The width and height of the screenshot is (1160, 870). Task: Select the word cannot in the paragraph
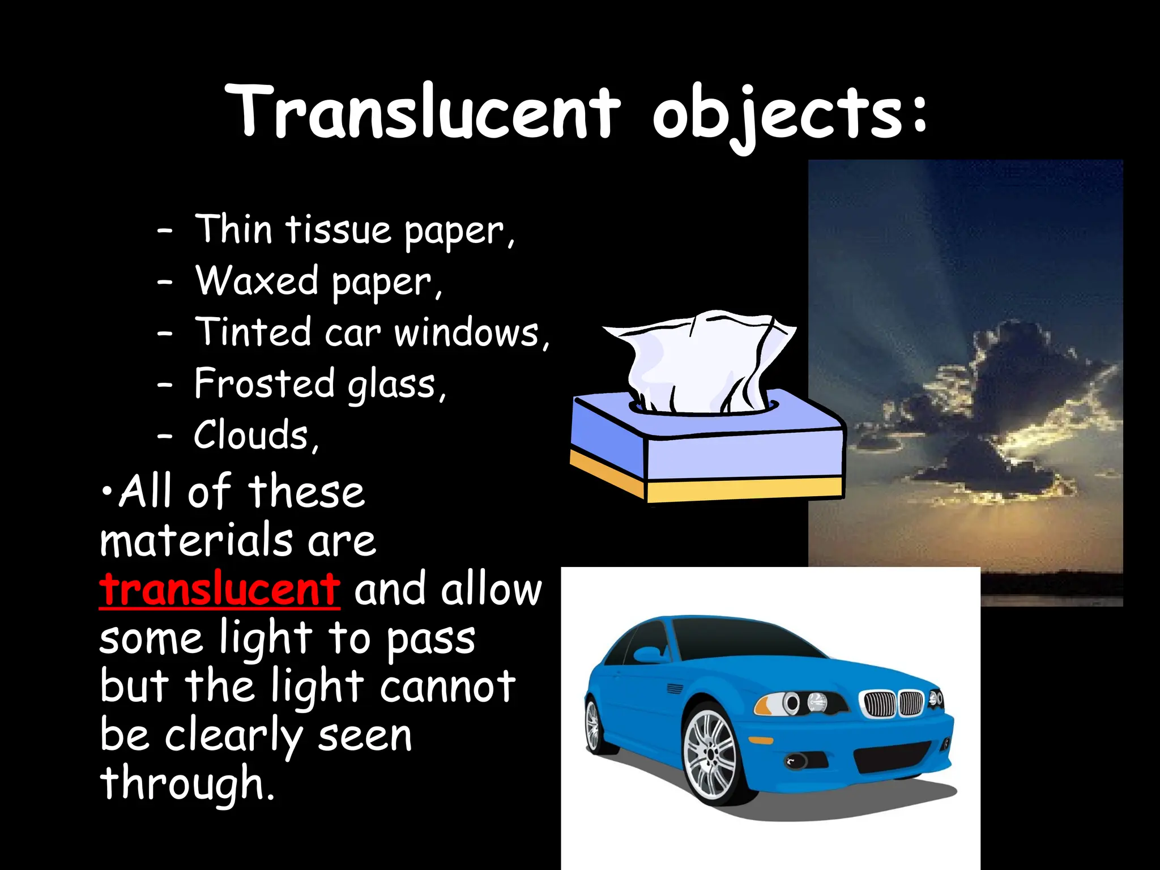pos(447,687)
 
